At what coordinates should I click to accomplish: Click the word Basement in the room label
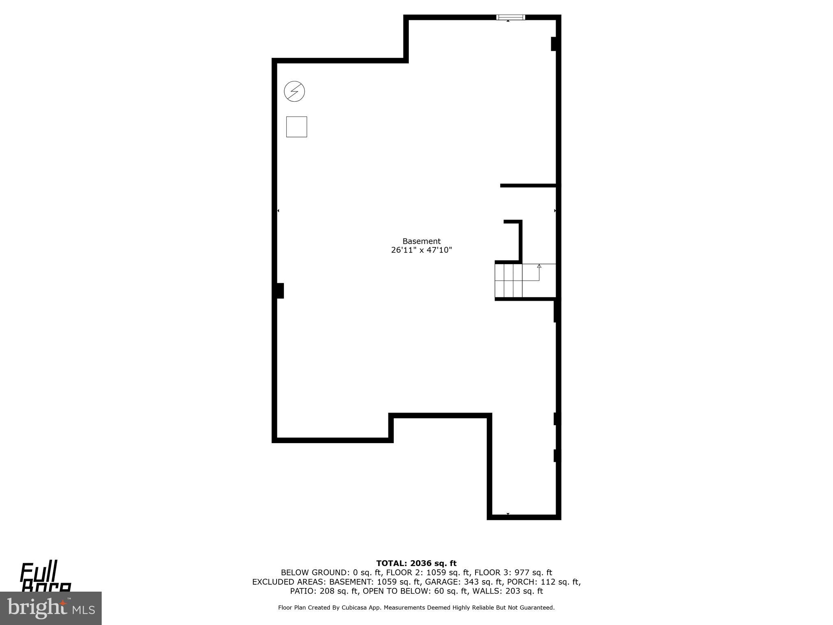point(421,241)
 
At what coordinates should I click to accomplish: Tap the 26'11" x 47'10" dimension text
point(421,250)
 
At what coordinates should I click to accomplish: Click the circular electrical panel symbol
point(294,91)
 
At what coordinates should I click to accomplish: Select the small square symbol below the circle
point(297,127)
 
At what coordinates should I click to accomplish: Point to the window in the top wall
point(510,17)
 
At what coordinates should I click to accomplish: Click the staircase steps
point(508,281)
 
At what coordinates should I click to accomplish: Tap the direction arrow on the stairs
point(539,267)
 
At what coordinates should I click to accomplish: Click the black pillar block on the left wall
point(280,291)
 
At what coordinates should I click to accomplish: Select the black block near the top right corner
point(554,44)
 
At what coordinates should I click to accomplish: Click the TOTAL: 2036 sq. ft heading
point(416,564)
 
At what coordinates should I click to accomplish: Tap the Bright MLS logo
point(51,608)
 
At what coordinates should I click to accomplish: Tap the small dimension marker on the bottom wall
point(508,514)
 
